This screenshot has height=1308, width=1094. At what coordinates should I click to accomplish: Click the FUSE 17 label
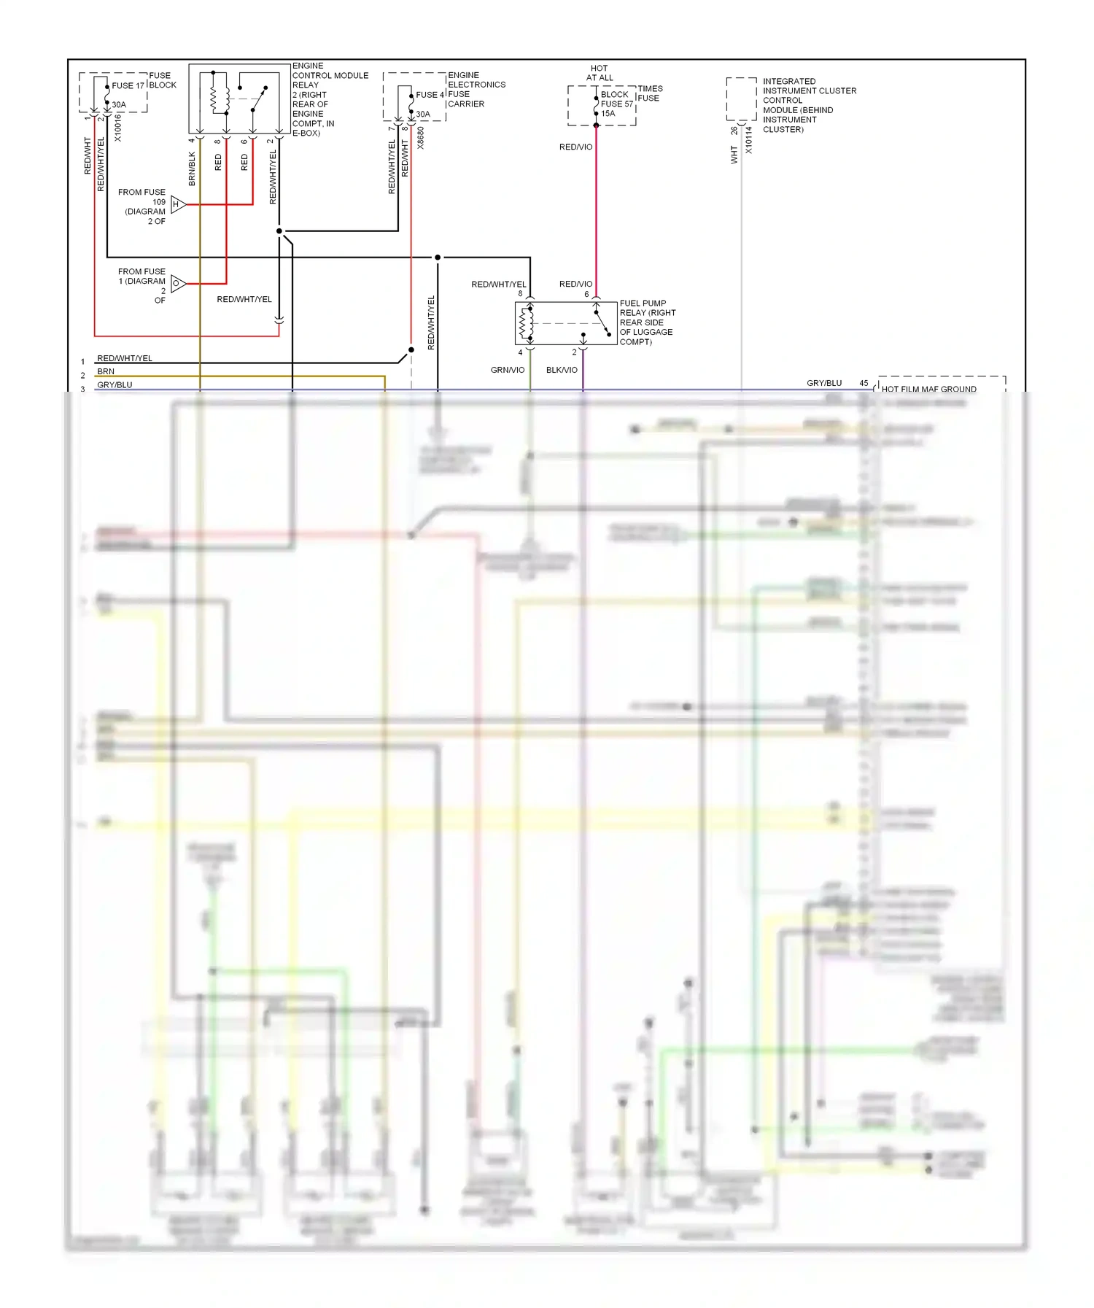(128, 85)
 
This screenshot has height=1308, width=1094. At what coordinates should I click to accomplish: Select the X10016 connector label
(118, 128)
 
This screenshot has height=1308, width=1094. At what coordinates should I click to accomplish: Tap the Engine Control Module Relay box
(239, 98)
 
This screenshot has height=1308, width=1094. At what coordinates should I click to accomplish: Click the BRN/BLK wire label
(193, 169)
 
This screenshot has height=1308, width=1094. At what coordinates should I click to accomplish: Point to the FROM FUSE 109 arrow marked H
(178, 204)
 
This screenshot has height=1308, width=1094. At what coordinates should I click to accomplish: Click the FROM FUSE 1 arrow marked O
(178, 283)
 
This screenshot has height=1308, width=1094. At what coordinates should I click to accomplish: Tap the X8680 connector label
(421, 139)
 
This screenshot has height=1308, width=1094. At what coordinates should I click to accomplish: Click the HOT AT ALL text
(600, 73)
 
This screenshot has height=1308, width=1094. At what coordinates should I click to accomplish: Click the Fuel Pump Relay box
(565, 323)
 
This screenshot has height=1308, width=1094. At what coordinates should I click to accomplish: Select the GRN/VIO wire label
(508, 370)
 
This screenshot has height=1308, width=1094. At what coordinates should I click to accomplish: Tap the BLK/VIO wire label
(562, 370)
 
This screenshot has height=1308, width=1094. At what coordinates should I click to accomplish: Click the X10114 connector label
(749, 140)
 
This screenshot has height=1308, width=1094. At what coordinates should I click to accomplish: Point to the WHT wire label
(734, 155)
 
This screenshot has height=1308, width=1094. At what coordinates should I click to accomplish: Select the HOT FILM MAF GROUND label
(928, 389)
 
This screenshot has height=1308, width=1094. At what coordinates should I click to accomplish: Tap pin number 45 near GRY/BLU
(864, 383)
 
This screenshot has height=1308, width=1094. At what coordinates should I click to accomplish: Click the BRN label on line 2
(106, 371)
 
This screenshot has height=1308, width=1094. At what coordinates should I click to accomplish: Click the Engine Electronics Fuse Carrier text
(476, 89)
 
